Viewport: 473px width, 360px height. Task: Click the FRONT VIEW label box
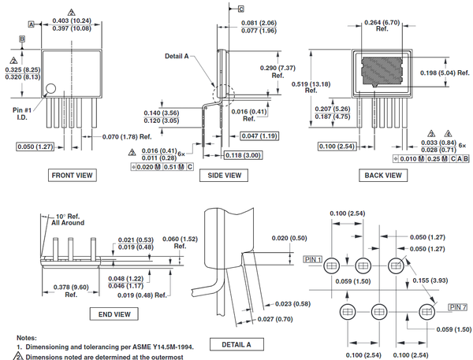click(x=73, y=175)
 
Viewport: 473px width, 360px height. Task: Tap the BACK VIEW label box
click(x=383, y=175)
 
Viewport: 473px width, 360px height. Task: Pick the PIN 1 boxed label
click(x=312, y=258)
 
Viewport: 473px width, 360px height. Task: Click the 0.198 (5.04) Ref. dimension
click(x=444, y=73)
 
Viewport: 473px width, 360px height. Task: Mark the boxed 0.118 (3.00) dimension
click(x=242, y=155)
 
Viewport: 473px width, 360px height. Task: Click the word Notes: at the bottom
click(x=27, y=336)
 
